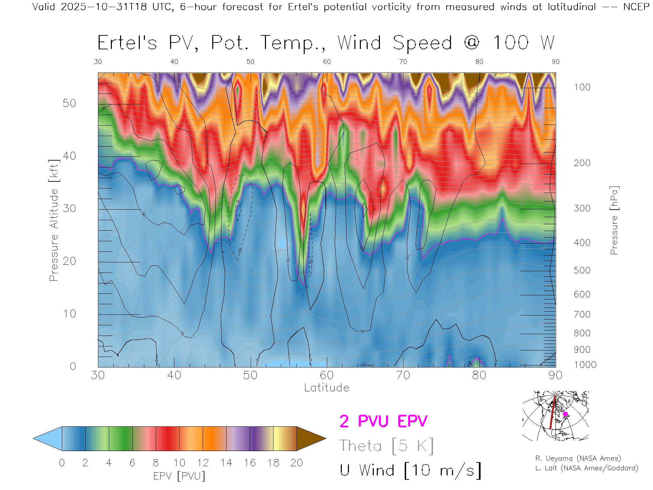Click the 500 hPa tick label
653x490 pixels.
[x=582, y=270]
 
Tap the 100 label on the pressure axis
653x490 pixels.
[x=582, y=87]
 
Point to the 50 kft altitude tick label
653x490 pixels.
[x=69, y=103]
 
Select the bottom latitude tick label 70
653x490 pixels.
[x=403, y=375]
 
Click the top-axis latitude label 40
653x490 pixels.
[x=174, y=62]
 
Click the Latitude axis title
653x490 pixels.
[x=326, y=388]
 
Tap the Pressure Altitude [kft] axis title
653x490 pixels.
[x=54, y=220]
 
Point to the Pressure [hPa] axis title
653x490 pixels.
[x=614, y=220]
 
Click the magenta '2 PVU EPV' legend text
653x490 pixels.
[x=383, y=421]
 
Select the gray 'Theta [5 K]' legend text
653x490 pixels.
[x=386, y=446]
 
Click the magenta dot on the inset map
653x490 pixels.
[x=565, y=414]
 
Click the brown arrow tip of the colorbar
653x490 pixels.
[x=311, y=439]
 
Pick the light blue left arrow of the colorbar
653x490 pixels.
[x=48, y=439]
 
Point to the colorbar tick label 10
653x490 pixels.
[x=179, y=463]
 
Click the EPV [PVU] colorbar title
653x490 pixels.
[x=179, y=476]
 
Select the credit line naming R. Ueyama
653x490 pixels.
[x=578, y=458]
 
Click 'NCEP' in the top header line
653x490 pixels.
[x=636, y=7]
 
